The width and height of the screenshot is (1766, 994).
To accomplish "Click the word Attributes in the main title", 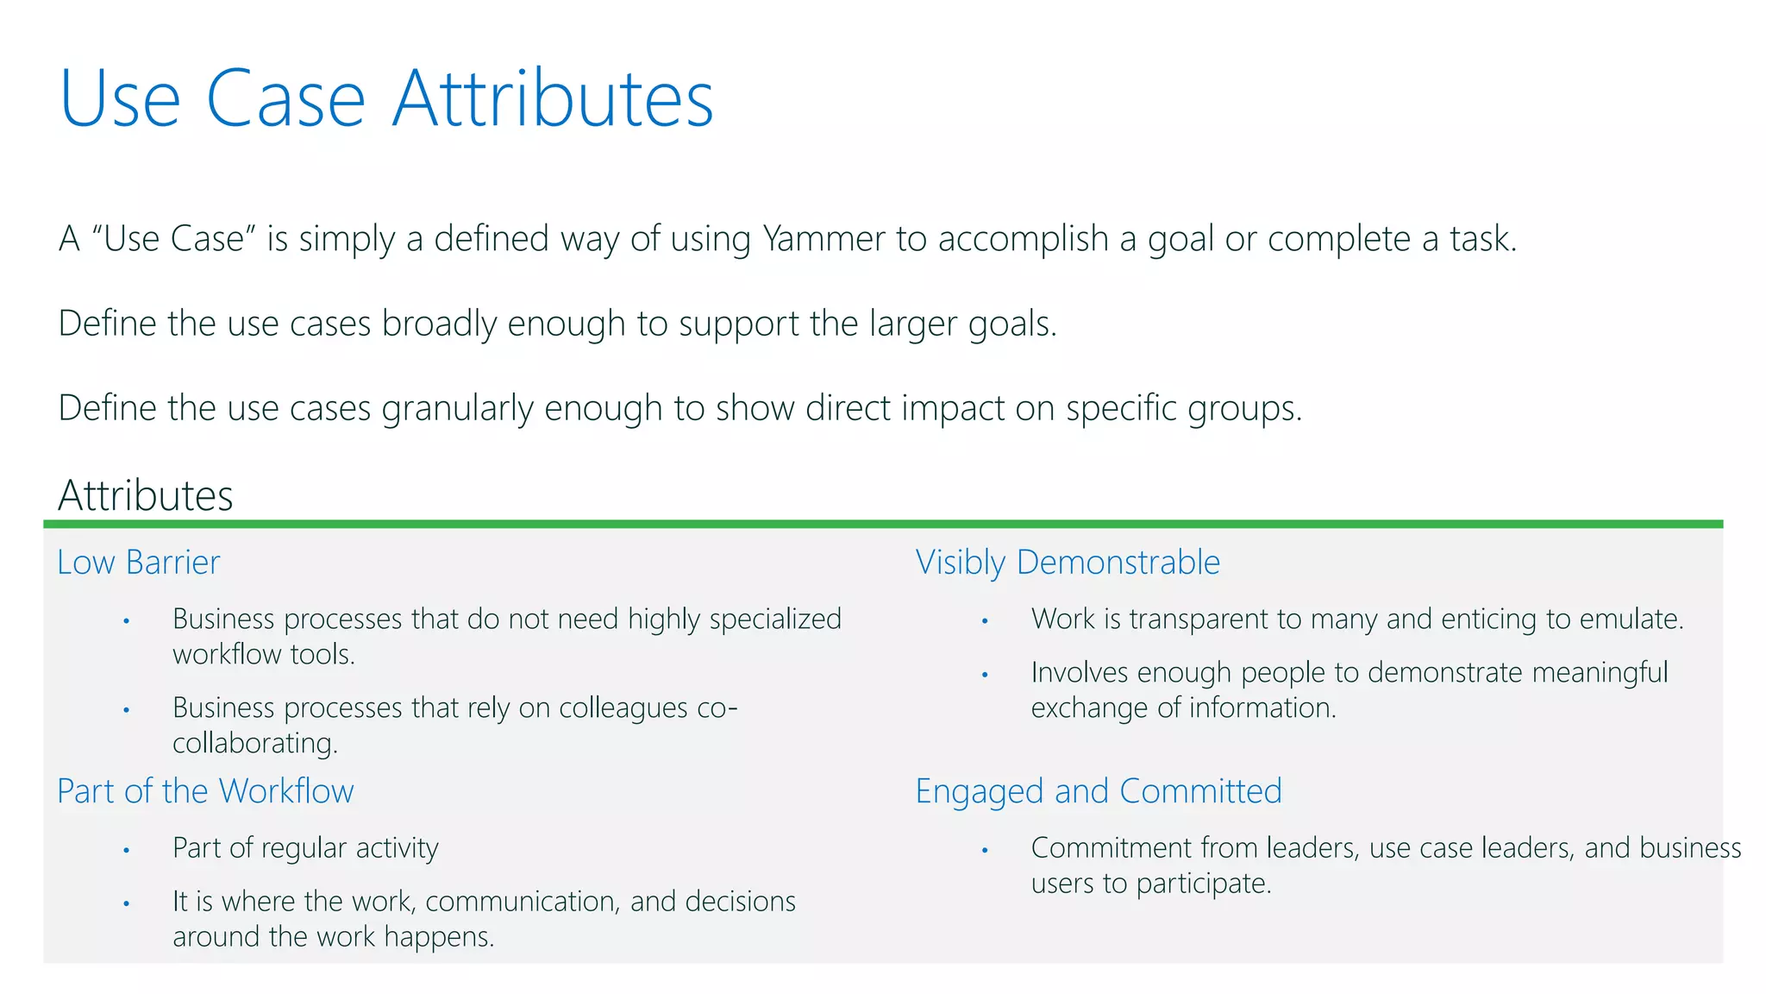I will [x=553, y=99].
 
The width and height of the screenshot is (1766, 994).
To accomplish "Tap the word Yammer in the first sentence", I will [x=824, y=239].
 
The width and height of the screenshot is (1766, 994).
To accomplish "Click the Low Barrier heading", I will [x=139, y=563].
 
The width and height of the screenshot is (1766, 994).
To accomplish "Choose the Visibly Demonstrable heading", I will [x=1068, y=563].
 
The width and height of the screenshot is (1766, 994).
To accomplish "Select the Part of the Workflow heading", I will [x=205, y=791].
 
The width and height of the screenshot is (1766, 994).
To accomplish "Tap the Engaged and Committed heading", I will [x=1099, y=791].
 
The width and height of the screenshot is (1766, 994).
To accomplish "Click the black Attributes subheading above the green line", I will [x=146, y=496].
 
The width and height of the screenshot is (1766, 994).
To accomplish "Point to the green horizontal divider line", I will [x=883, y=524].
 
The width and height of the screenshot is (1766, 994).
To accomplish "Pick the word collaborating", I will [x=254, y=743].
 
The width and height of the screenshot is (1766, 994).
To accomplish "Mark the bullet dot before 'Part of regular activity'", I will [x=126, y=850].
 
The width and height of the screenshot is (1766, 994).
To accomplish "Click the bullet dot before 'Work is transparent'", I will [x=985, y=621].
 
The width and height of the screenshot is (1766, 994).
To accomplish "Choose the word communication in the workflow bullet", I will [x=522, y=902].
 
